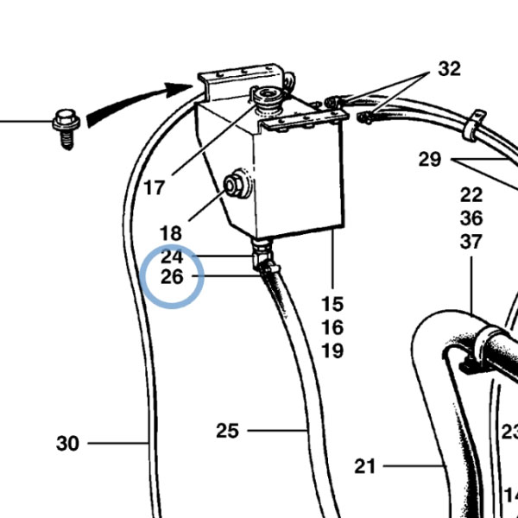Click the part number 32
tap(449, 69)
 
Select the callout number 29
tap(430, 160)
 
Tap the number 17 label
tap(155, 188)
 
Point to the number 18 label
tap(171, 234)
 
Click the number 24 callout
tap(172, 256)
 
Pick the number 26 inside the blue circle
tap(172, 277)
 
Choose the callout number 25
tap(227, 431)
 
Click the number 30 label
tap(67, 444)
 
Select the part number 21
tap(365, 466)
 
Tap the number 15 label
tap(332, 304)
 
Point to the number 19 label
tap(332, 351)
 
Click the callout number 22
tap(471, 195)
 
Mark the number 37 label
tap(471, 242)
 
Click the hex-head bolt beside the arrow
tap(66, 128)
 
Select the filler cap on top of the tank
tap(268, 98)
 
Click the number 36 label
tap(471, 218)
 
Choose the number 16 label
tap(332, 327)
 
